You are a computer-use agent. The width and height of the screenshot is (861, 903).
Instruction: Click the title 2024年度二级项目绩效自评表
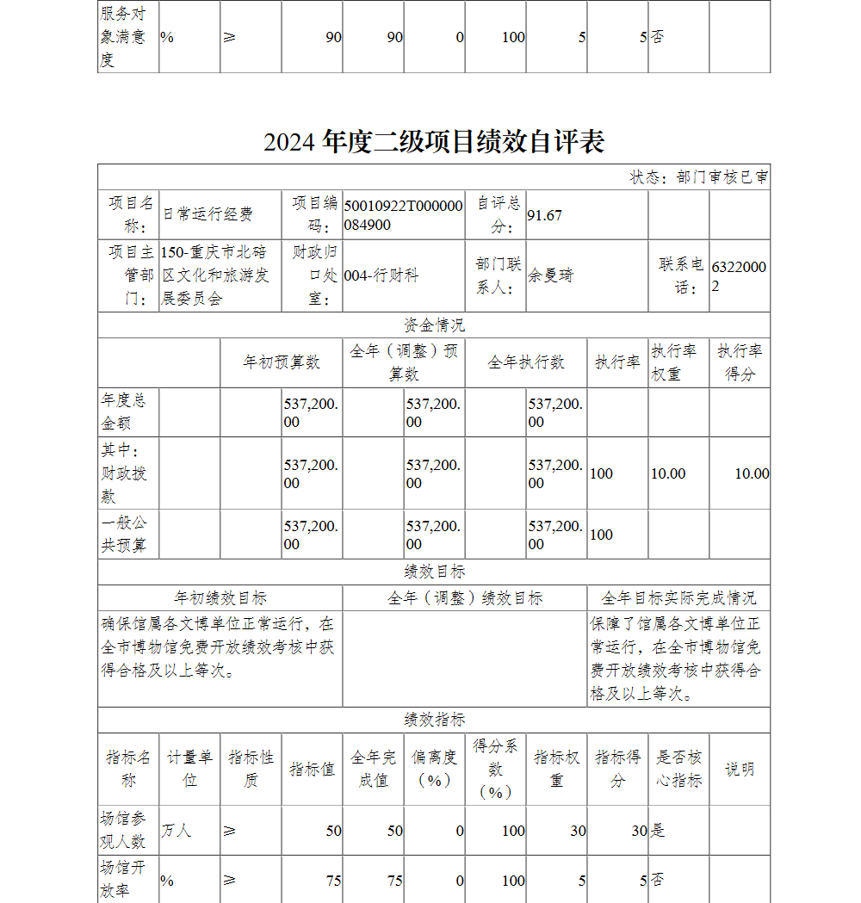434,141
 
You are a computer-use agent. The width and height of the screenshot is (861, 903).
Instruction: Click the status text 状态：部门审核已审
699,177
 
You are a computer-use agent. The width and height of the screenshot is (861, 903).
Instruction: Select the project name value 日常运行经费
208,215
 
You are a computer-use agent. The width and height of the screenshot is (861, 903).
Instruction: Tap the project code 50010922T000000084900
403,215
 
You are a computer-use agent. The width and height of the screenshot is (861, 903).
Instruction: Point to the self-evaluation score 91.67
544,215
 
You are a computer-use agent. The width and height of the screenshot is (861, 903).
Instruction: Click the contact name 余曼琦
550,275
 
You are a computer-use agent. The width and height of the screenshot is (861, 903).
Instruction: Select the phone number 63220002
738,275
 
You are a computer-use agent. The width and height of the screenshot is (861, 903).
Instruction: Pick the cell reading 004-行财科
381,275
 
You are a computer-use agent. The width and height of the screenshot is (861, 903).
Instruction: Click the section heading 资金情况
434,325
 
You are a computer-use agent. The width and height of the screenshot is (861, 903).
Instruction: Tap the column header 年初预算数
282,362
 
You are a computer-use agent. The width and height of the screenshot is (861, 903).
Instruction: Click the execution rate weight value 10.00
668,473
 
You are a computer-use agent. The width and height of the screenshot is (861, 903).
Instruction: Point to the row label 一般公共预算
125,535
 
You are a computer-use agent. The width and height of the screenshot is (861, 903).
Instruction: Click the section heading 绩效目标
434,572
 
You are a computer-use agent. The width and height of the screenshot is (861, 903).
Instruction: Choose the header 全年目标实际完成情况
678,598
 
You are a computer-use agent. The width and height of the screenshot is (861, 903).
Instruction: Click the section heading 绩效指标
434,721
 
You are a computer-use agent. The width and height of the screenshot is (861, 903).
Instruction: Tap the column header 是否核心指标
678,769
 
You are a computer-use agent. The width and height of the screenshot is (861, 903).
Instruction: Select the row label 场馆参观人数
125,831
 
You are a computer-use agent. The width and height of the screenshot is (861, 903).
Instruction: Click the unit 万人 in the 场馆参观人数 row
177,831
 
